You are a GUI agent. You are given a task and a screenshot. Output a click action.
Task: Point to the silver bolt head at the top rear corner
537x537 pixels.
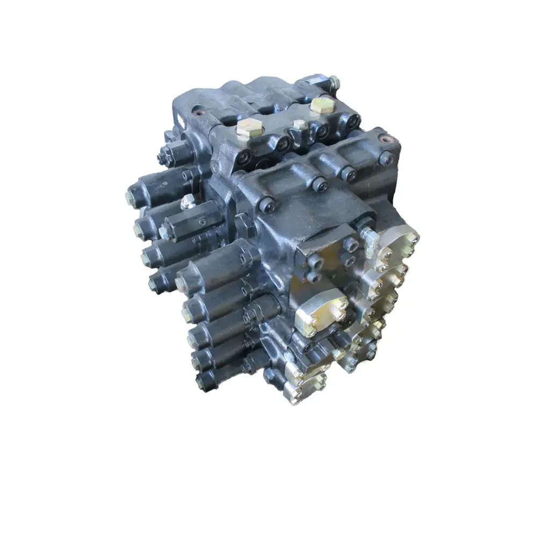pos(334,82)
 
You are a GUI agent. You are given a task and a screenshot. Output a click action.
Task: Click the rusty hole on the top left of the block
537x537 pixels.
pos(201,114)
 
